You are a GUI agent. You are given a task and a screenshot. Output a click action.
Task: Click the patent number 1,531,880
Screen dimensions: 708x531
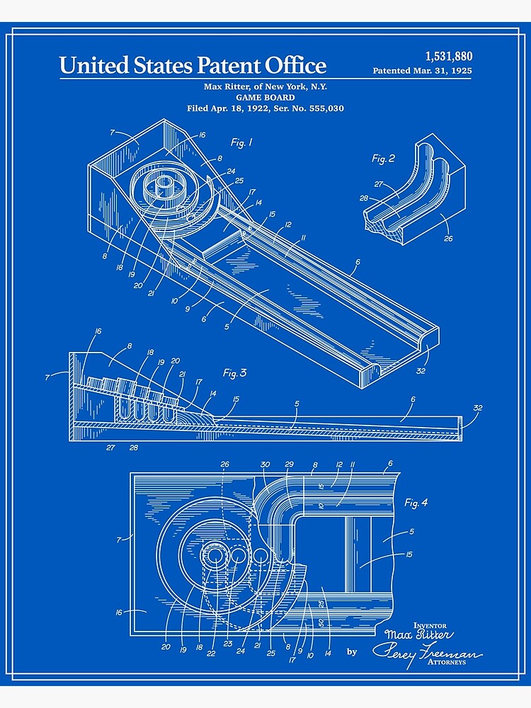[448, 57]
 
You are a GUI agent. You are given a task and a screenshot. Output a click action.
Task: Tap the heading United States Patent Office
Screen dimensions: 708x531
[193, 66]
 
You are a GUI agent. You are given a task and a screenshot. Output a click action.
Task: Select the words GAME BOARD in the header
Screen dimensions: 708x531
[265, 98]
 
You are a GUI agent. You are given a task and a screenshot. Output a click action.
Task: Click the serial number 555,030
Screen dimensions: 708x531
[321, 108]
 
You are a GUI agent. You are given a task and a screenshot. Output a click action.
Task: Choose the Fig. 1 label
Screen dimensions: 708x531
[241, 143]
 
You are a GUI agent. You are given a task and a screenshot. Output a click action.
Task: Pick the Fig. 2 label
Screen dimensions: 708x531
[384, 159]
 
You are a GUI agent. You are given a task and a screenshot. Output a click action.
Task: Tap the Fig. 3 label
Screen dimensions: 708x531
[234, 373]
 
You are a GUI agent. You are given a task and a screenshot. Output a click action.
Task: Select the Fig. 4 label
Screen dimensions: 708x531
[416, 503]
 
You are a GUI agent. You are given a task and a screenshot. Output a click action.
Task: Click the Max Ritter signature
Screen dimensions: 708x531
[418, 634]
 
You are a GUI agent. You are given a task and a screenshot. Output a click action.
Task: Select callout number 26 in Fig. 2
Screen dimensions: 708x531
[447, 239]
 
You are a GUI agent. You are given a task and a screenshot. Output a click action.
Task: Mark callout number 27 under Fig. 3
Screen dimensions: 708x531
[110, 447]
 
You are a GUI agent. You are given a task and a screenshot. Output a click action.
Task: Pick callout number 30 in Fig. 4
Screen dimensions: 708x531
[265, 465]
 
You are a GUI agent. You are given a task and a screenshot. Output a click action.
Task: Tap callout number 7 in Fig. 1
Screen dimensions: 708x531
[112, 132]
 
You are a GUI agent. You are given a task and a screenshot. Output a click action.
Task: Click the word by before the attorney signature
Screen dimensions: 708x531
[352, 651]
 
